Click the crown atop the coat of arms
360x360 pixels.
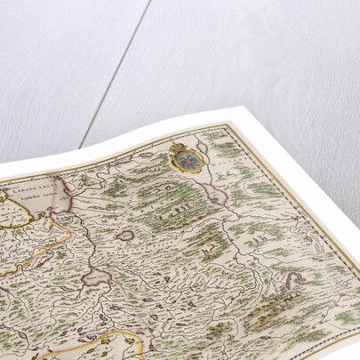pos(177,147)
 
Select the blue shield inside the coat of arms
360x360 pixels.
pos(186,162)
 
